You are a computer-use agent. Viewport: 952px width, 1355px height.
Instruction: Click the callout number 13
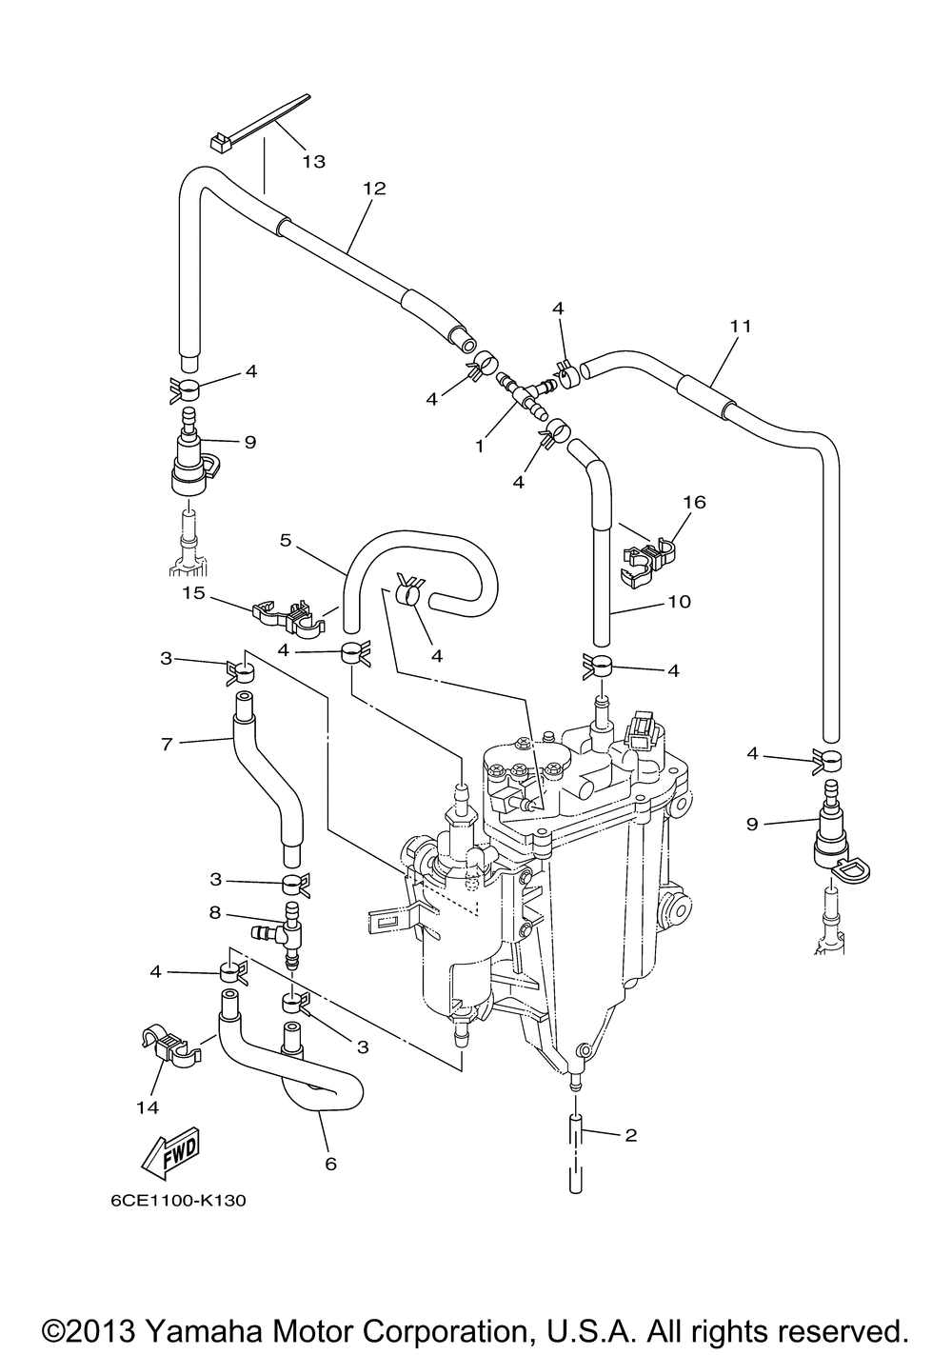[x=314, y=162]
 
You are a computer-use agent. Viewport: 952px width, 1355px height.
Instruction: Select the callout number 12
[x=374, y=189]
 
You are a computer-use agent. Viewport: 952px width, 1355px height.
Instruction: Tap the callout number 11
[x=741, y=326]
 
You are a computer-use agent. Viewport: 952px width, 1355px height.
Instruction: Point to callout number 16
[x=694, y=502]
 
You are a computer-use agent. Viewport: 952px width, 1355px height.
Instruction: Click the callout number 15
[x=194, y=593]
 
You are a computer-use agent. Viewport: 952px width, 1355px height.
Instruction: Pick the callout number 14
[x=148, y=1107]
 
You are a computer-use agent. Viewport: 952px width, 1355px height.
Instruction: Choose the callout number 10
[x=679, y=601]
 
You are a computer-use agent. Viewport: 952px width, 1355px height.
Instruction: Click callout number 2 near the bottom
[x=631, y=1135]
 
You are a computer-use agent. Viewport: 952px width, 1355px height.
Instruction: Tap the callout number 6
[x=331, y=1164]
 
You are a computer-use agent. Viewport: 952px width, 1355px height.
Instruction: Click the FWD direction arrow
[x=170, y=1152]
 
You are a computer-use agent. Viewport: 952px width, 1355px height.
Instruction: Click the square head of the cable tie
[x=219, y=143]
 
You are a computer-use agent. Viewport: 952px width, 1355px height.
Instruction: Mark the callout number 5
[x=286, y=540]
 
